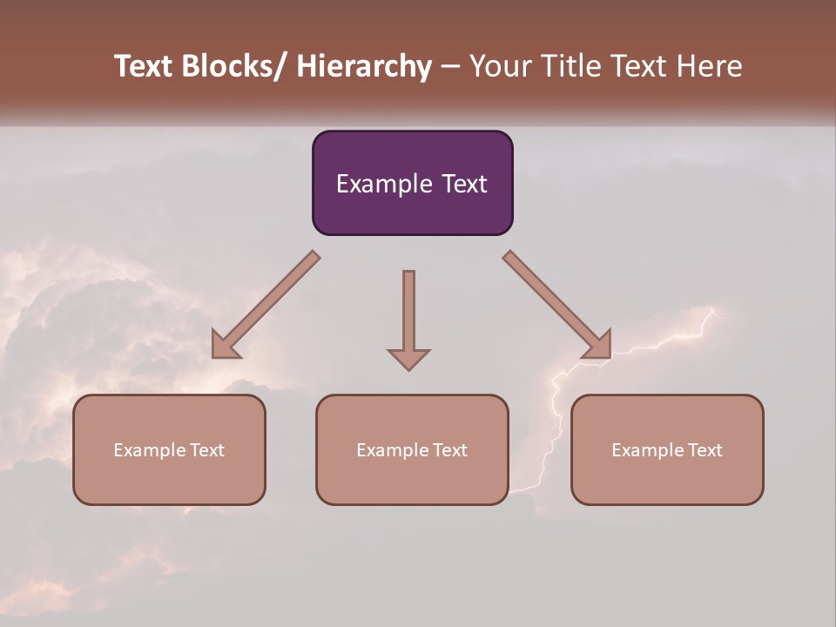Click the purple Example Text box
tap(412, 183)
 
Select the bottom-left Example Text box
tap(169, 449)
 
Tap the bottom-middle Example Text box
tap(412, 449)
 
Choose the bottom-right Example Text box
tap(667, 449)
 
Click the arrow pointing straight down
tap(408, 313)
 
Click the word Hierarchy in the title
tap(364, 67)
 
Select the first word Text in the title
tap(144, 67)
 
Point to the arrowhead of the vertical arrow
tap(408, 358)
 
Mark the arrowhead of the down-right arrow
tap(599, 346)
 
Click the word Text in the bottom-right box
tap(705, 449)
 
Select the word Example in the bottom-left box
tap(149, 450)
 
